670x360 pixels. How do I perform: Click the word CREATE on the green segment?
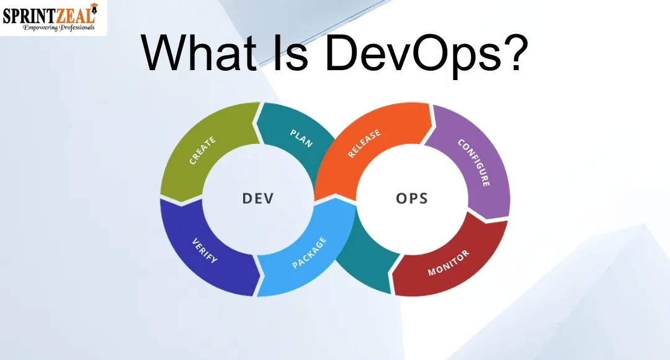pyautogui.click(x=203, y=150)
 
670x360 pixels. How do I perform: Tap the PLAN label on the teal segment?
pyautogui.click(x=301, y=137)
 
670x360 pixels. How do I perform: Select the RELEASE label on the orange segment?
pyautogui.click(x=364, y=143)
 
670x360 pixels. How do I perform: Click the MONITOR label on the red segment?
pyautogui.click(x=449, y=263)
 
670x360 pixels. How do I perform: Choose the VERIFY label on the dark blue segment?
pyautogui.click(x=204, y=251)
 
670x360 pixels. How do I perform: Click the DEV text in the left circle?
pyautogui.click(x=257, y=199)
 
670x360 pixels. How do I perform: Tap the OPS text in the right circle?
pyautogui.click(x=412, y=199)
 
